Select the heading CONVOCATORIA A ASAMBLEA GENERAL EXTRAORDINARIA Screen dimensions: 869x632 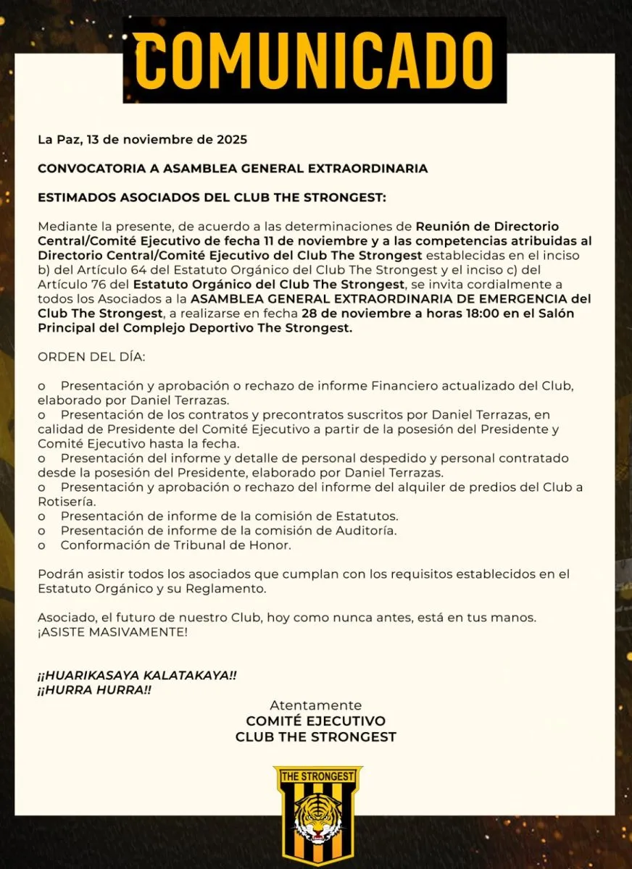[233, 168]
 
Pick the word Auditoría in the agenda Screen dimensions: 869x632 [367, 530]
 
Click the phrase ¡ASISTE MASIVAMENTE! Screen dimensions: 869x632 [112, 631]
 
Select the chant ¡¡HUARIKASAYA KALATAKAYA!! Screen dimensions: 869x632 [137, 675]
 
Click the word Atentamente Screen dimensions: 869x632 [315, 705]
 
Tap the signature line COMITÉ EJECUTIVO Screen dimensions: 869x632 [315, 721]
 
